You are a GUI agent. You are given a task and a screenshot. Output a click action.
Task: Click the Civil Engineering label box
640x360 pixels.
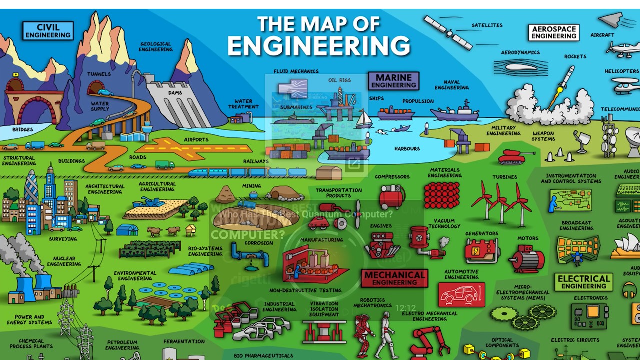coord(48,31)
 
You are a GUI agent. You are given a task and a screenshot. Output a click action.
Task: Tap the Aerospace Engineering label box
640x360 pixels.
coord(553,33)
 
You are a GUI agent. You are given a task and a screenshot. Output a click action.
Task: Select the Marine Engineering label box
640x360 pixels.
coord(393,81)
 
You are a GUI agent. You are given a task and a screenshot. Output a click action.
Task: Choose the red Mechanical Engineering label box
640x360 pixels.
coord(394,278)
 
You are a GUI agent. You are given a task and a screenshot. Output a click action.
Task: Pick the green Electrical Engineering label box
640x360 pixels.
coord(583,282)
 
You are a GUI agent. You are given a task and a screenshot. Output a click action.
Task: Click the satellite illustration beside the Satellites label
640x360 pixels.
coord(448,32)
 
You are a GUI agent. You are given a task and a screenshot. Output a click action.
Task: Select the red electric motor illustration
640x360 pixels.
coord(526,259)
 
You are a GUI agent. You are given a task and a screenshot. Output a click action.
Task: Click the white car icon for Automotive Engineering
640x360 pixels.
coord(461,295)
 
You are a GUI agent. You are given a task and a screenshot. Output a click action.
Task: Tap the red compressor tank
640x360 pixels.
coord(391,197)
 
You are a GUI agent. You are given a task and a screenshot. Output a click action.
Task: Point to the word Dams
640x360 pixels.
coord(175,93)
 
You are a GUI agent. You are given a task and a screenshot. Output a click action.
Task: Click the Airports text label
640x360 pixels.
coord(196,140)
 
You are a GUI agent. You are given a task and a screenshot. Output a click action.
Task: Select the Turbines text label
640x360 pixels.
coord(504,177)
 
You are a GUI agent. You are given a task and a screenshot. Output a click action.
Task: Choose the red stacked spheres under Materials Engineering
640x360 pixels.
coord(442,195)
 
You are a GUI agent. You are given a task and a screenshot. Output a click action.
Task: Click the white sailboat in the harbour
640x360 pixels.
coord(363,120)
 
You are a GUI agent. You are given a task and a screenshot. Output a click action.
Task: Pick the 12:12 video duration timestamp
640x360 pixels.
coord(405,308)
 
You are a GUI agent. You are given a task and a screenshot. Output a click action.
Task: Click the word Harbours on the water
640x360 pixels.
coord(407,149)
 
